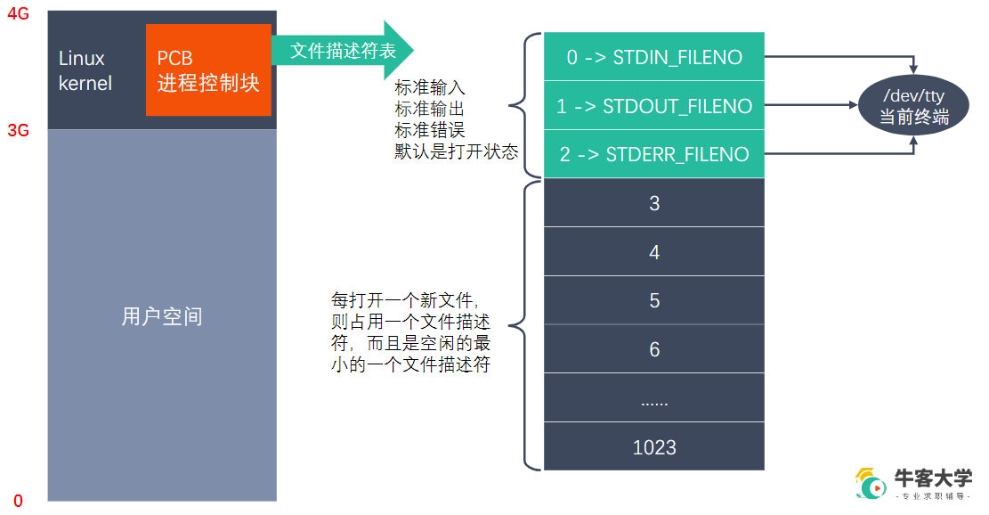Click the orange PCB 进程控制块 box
(208, 70)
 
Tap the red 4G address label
(19, 14)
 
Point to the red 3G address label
(19, 130)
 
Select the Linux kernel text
(85, 71)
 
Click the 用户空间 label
(161, 316)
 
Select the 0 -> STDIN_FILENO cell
(653, 58)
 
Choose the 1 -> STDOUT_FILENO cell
(653, 106)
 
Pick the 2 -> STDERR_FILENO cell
(653, 154)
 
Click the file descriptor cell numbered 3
(653, 203)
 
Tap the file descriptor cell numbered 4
(653, 252)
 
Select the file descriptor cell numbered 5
(653, 300)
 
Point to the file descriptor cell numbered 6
(653, 349)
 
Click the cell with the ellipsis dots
(653, 398)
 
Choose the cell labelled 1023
(653, 446)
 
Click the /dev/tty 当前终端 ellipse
(912, 106)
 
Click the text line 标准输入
(429, 88)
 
